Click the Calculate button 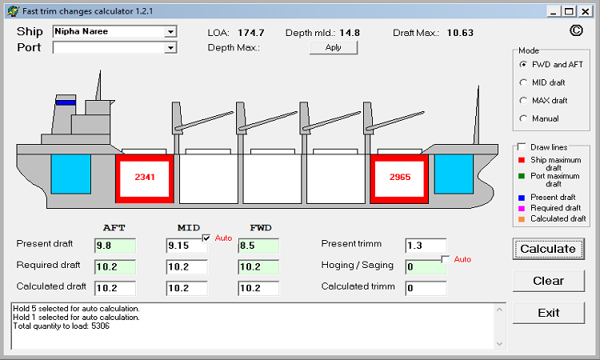[548, 249]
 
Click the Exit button [548, 313]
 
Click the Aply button [333, 47]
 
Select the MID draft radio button [523, 82]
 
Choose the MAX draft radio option [523, 101]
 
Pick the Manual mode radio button [523, 119]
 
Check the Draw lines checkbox [522, 147]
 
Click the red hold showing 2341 [145, 177]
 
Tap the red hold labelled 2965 [399, 177]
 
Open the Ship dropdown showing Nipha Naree [170, 33]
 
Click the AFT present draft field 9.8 [114, 246]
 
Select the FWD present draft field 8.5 [258, 246]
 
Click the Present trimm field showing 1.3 [425, 246]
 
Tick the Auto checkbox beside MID [206, 238]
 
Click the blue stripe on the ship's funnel [66, 102]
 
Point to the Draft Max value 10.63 [460, 33]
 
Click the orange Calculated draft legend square [521, 218]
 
